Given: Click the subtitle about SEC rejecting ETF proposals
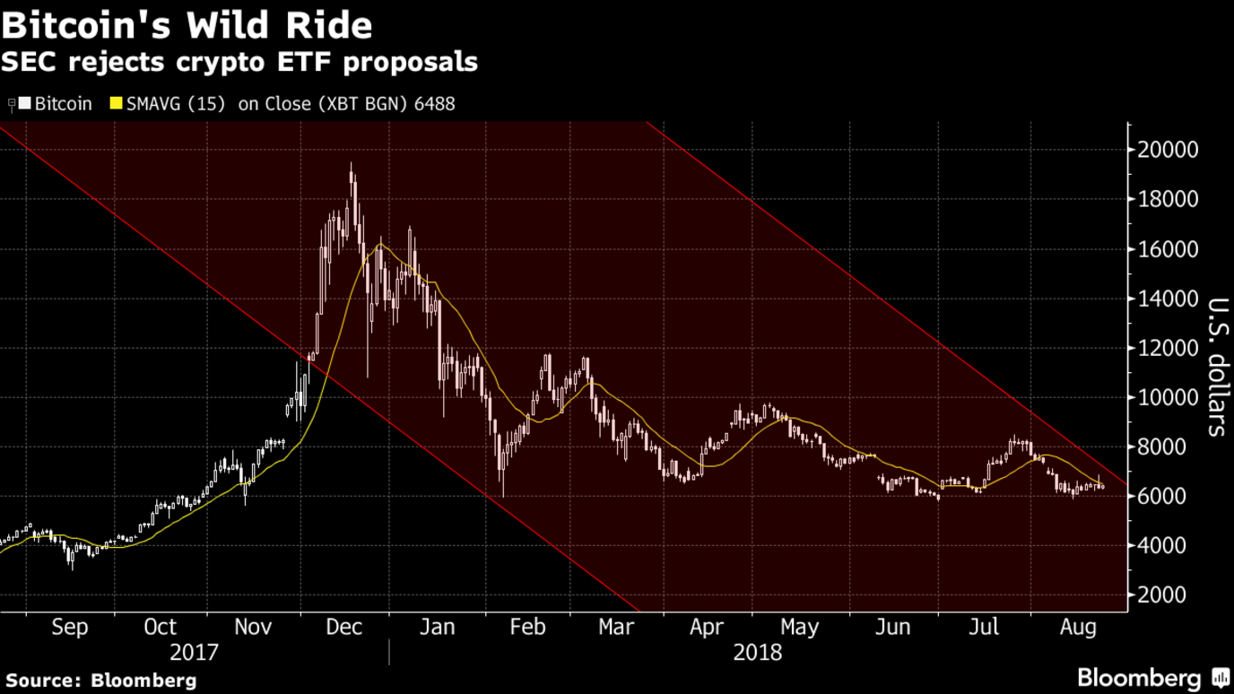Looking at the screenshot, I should point(239,63).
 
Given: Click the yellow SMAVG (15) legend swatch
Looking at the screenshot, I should point(116,104).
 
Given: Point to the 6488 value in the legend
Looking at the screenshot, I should point(434,104).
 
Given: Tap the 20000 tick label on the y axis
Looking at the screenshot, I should point(1168,150).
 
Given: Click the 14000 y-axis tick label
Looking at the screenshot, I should point(1168,299).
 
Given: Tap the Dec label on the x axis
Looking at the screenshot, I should point(344,627).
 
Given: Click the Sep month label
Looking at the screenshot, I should point(70,627).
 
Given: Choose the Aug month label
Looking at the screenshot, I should point(1078,627).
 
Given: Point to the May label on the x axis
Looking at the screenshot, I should point(800,627).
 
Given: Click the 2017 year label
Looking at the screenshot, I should point(194,652).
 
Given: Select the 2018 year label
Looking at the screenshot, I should point(758,652).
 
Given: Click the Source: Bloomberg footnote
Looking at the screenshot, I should point(100,680).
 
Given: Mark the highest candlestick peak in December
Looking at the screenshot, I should point(351,165).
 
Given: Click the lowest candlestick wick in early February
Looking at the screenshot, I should point(502,495).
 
